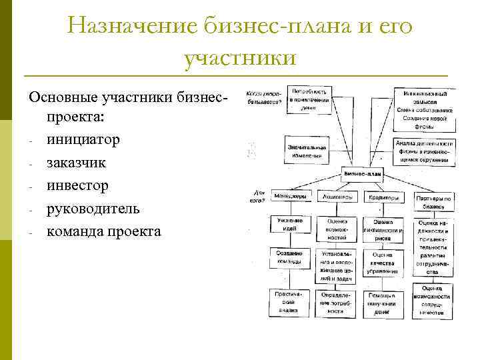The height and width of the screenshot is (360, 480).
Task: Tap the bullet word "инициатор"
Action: click(83, 139)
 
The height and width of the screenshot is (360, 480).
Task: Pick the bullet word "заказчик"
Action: click(75, 162)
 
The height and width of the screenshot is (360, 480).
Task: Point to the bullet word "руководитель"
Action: click(93, 208)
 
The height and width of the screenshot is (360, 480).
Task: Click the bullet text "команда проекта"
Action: click(103, 231)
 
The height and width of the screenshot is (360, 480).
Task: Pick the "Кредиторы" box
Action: click(383, 197)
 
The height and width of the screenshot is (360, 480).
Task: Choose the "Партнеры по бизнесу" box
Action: click(434, 201)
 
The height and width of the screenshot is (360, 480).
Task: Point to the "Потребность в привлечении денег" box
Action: click(310, 99)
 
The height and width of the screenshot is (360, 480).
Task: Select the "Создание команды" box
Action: click(291, 259)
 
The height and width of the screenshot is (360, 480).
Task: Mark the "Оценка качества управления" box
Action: click(383, 262)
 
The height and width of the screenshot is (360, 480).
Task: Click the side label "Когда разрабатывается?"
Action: click(261, 98)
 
